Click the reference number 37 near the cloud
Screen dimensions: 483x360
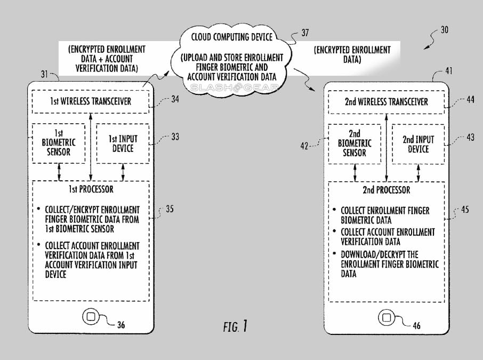click(x=305, y=33)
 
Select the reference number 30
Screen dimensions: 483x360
click(x=444, y=30)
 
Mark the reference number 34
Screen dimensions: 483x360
click(x=175, y=99)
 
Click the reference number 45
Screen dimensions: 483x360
click(x=465, y=210)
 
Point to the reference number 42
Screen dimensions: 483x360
click(x=304, y=146)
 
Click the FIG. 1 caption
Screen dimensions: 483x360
click(x=235, y=326)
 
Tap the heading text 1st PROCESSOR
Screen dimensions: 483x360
click(x=91, y=189)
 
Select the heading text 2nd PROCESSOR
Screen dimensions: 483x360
click(x=387, y=190)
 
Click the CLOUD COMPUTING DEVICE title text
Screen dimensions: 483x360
click(x=232, y=37)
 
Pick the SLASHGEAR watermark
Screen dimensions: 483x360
click(x=235, y=88)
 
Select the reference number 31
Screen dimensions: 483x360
click(x=45, y=74)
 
